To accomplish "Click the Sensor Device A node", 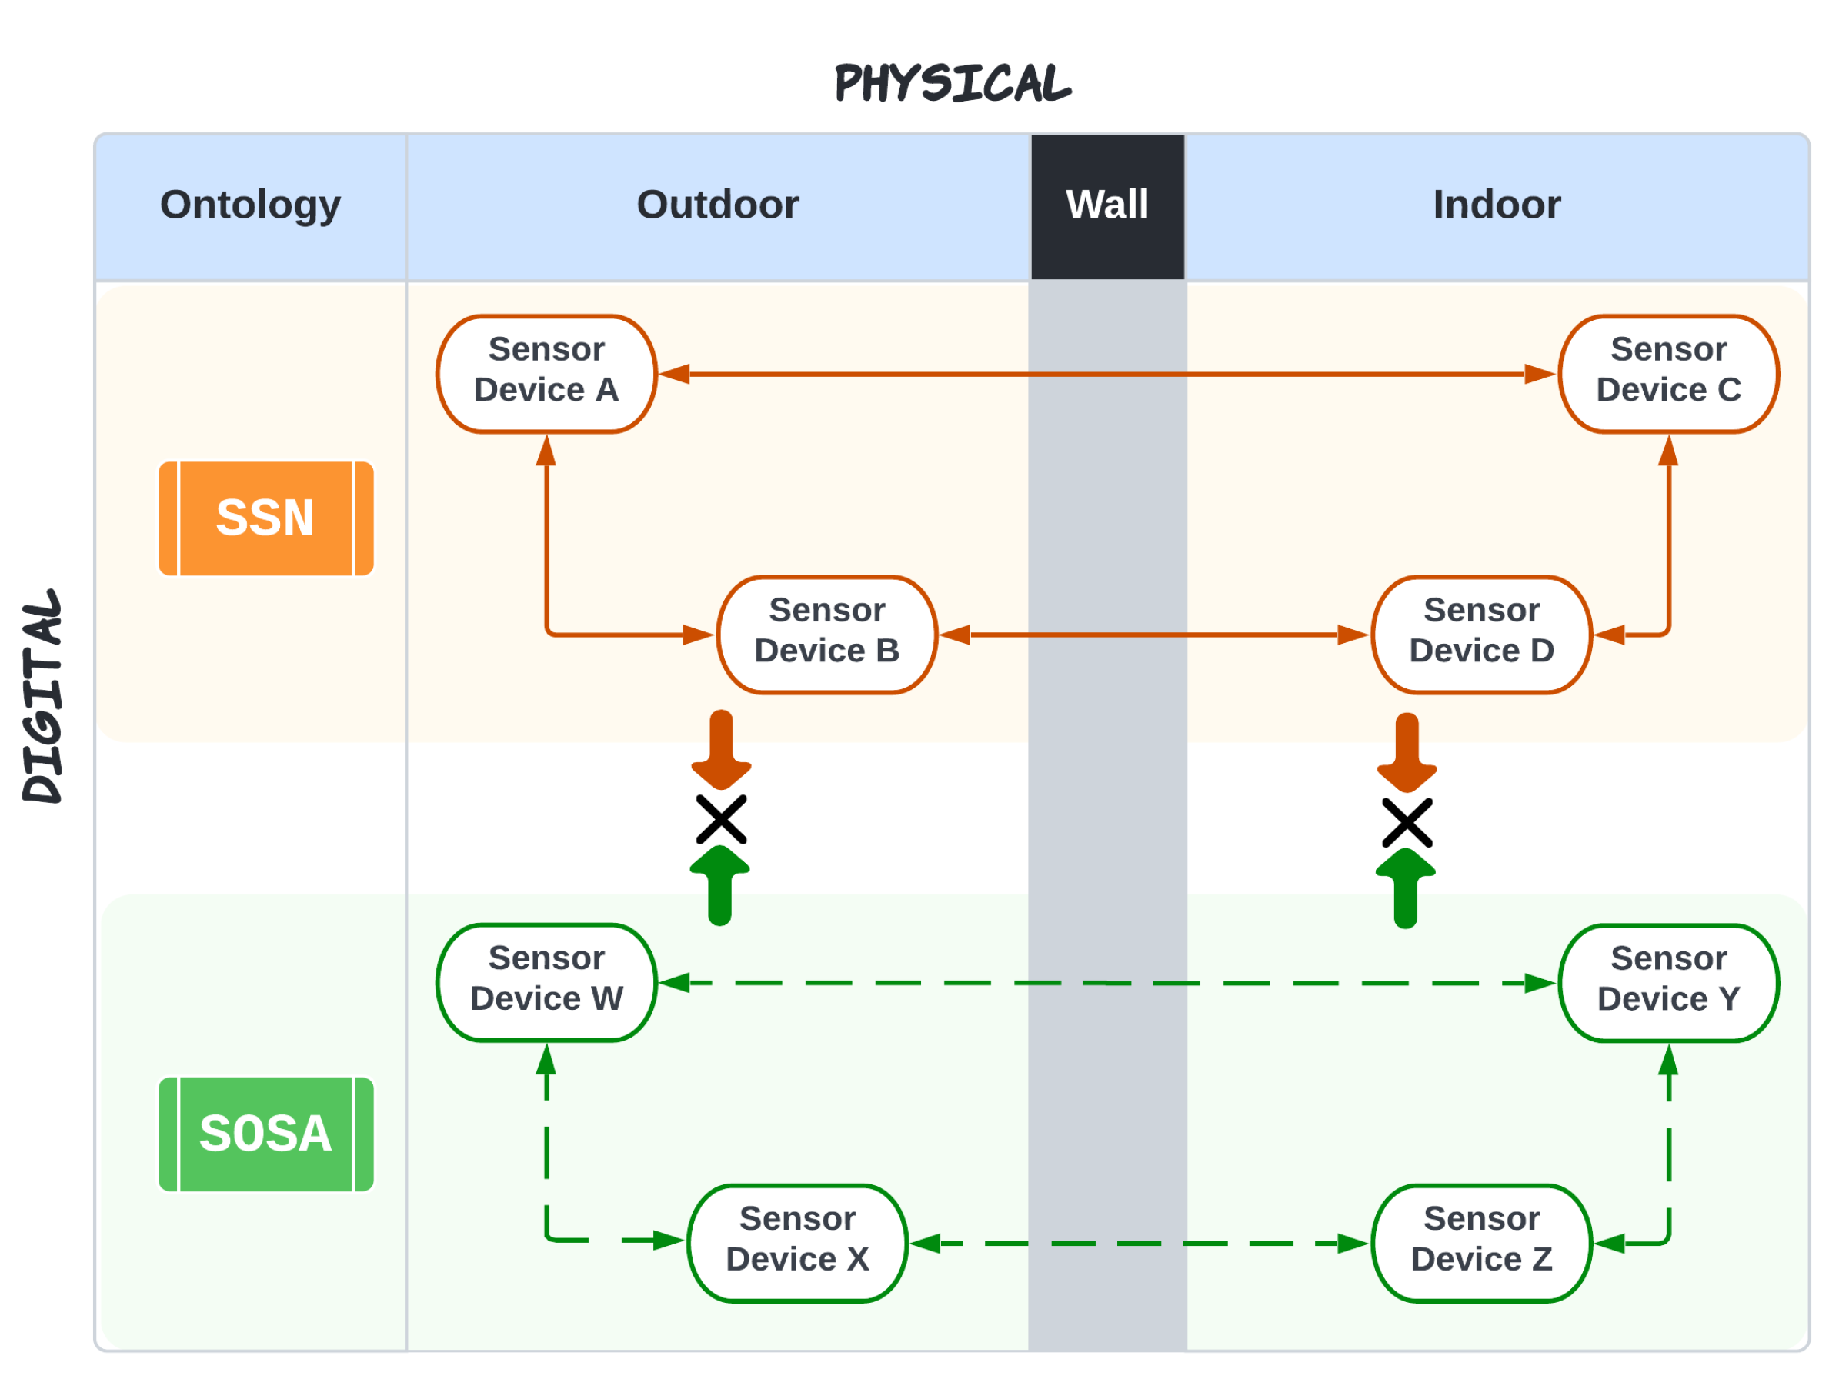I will tap(546, 374).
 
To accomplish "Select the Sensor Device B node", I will tap(826, 635).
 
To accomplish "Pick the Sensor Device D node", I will tap(1480, 635).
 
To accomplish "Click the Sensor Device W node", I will tap(546, 982).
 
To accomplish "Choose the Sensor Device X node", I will tap(797, 1244).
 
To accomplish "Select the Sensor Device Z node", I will tap(1480, 1244).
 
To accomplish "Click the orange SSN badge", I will tap(266, 518).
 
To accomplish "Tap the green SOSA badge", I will tap(266, 1134).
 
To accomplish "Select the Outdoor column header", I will tap(717, 205).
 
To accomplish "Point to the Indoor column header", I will tap(1497, 205).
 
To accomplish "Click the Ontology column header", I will tap(250, 205).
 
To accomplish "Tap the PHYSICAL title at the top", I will tap(953, 83).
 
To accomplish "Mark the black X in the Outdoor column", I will tap(721, 821).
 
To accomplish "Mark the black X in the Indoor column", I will tap(1407, 823).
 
